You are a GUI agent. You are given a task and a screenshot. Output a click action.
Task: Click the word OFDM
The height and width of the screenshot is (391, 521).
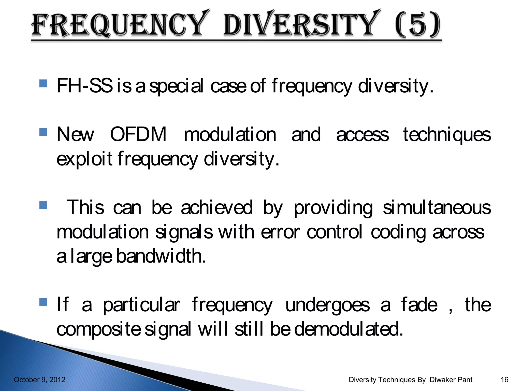138,134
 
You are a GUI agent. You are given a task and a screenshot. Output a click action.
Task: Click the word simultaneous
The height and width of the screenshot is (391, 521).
437,208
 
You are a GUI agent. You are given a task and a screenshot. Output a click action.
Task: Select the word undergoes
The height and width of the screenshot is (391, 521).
327,305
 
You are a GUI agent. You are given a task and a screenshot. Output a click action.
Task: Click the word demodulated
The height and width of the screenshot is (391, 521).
349,329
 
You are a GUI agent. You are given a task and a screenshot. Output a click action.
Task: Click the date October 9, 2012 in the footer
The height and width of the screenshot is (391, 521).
40,380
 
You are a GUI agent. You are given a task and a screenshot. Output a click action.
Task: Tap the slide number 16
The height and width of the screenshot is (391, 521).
504,380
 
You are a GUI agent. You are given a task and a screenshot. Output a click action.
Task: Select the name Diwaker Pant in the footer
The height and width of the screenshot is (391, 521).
451,380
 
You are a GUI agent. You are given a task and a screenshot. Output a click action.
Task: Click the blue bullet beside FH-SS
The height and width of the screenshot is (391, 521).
44,83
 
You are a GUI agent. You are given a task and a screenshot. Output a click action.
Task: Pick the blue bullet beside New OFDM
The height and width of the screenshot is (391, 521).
44,132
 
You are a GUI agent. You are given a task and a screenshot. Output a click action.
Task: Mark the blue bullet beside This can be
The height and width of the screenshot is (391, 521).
44,205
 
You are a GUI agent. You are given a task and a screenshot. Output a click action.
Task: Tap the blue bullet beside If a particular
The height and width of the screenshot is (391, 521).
44,302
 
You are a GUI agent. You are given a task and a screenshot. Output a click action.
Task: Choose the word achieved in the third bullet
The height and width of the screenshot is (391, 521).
217,208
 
